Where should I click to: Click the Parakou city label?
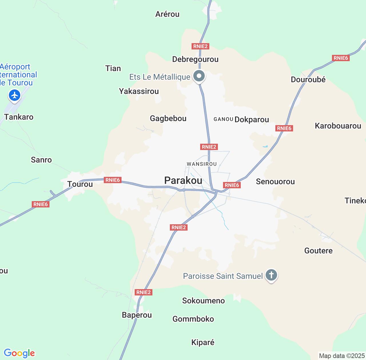click(x=183, y=181)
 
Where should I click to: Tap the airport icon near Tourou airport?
click(x=14, y=95)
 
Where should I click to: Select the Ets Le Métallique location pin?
click(x=199, y=76)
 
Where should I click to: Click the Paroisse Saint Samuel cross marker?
click(x=271, y=275)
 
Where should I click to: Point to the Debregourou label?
click(x=195, y=59)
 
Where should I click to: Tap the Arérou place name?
click(x=167, y=14)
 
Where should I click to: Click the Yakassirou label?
click(x=139, y=91)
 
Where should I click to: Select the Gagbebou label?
click(x=168, y=119)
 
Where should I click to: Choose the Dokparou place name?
click(x=252, y=120)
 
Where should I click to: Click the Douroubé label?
click(x=308, y=80)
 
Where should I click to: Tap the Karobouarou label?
click(x=338, y=126)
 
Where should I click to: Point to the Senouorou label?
click(x=275, y=182)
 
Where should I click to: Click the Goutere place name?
click(x=318, y=251)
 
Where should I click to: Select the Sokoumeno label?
click(x=203, y=301)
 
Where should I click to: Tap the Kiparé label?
click(x=203, y=343)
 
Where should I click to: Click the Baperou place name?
click(x=137, y=315)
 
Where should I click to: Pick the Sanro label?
click(x=41, y=160)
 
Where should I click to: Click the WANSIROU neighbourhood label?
click(x=202, y=164)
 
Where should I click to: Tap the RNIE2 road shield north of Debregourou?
click(x=200, y=46)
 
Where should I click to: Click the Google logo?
click(x=19, y=353)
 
